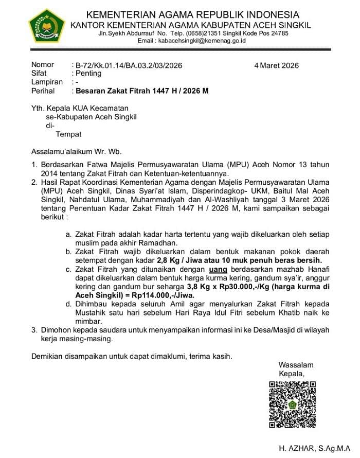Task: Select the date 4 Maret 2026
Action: pos(276,65)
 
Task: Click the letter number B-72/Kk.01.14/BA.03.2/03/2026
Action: pos(129,65)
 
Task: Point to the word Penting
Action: pos(88,74)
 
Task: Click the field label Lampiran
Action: pos(47,82)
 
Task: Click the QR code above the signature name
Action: pos(292,404)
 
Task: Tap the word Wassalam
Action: pos(296,365)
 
